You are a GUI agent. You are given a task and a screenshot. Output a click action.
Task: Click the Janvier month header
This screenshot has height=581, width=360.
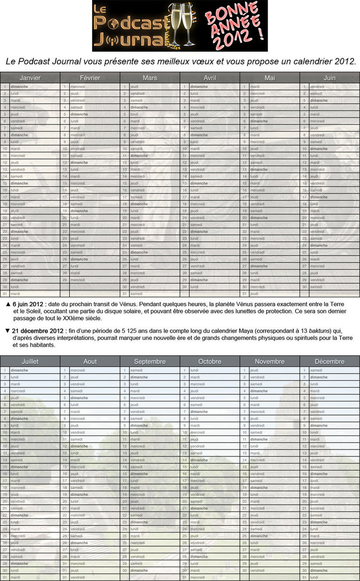(30, 78)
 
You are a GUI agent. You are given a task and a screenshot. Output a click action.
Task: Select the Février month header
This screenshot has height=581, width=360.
(90, 78)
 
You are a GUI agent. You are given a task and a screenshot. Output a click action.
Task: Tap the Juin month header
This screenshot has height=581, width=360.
(329, 78)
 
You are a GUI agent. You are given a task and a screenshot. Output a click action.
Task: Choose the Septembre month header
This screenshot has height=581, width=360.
(150, 361)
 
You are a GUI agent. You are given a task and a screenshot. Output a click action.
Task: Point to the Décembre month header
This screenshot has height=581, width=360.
(329, 361)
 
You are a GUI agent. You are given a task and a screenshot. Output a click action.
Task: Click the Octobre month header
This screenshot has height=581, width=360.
(210, 361)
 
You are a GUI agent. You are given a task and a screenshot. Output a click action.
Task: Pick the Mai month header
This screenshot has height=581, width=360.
(269, 78)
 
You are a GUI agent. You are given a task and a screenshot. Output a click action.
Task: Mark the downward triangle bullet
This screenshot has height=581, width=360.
(7, 331)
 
